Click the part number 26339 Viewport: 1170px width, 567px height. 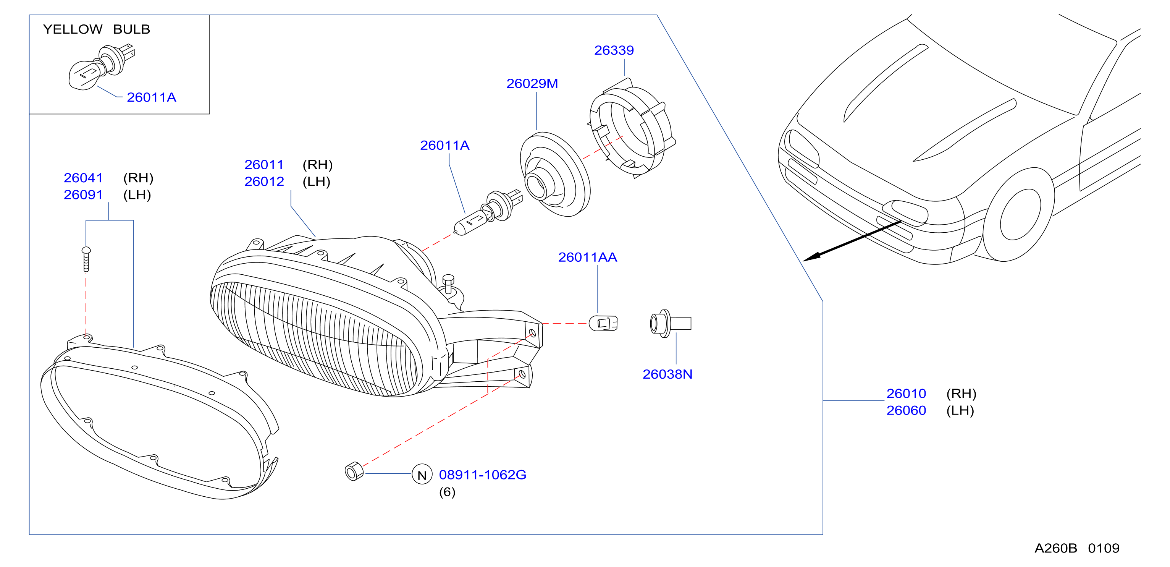tap(614, 50)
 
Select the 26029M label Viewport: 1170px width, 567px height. tap(532, 84)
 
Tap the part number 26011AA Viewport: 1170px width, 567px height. tap(587, 257)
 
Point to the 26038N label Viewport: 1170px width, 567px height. tap(667, 374)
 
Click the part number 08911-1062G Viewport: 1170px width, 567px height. tap(482, 475)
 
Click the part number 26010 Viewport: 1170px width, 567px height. tap(906, 394)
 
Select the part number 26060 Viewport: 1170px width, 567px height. tap(906, 410)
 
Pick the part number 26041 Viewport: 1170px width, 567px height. tap(83, 178)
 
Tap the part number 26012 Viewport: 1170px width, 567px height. tap(264, 182)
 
